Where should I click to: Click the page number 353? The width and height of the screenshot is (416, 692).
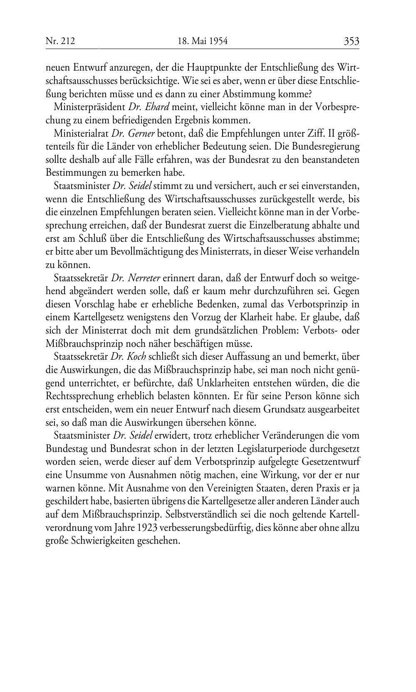tap(351, 41)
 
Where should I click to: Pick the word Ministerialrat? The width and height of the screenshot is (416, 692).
tap(81, 133)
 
